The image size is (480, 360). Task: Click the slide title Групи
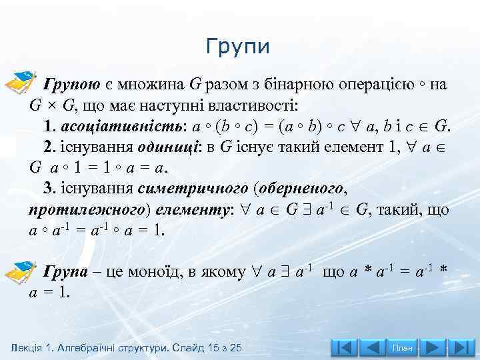(x=238, y=47)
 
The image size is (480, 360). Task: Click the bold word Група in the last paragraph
(x=65, y=271)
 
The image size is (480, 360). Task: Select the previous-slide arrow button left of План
(x=373, y=348)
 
